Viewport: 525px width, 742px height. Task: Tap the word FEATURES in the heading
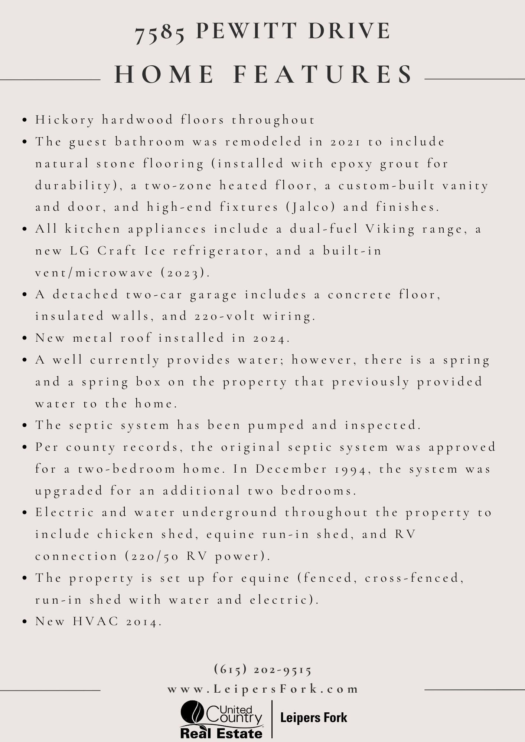pos(323,74)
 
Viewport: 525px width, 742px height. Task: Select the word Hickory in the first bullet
pos(65,120)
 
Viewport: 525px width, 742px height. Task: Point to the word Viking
pos(390,229)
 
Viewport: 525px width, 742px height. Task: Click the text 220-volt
pos(225,316)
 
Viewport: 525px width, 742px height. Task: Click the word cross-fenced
pos(414,578)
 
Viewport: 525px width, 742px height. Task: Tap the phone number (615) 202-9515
pos(263,669)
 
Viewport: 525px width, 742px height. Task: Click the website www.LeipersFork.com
pos(263,689)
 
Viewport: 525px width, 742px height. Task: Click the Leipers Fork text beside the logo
pos(314,718)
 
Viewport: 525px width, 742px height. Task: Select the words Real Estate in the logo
pos(221,733)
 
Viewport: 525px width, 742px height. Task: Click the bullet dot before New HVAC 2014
pos(25,622)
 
